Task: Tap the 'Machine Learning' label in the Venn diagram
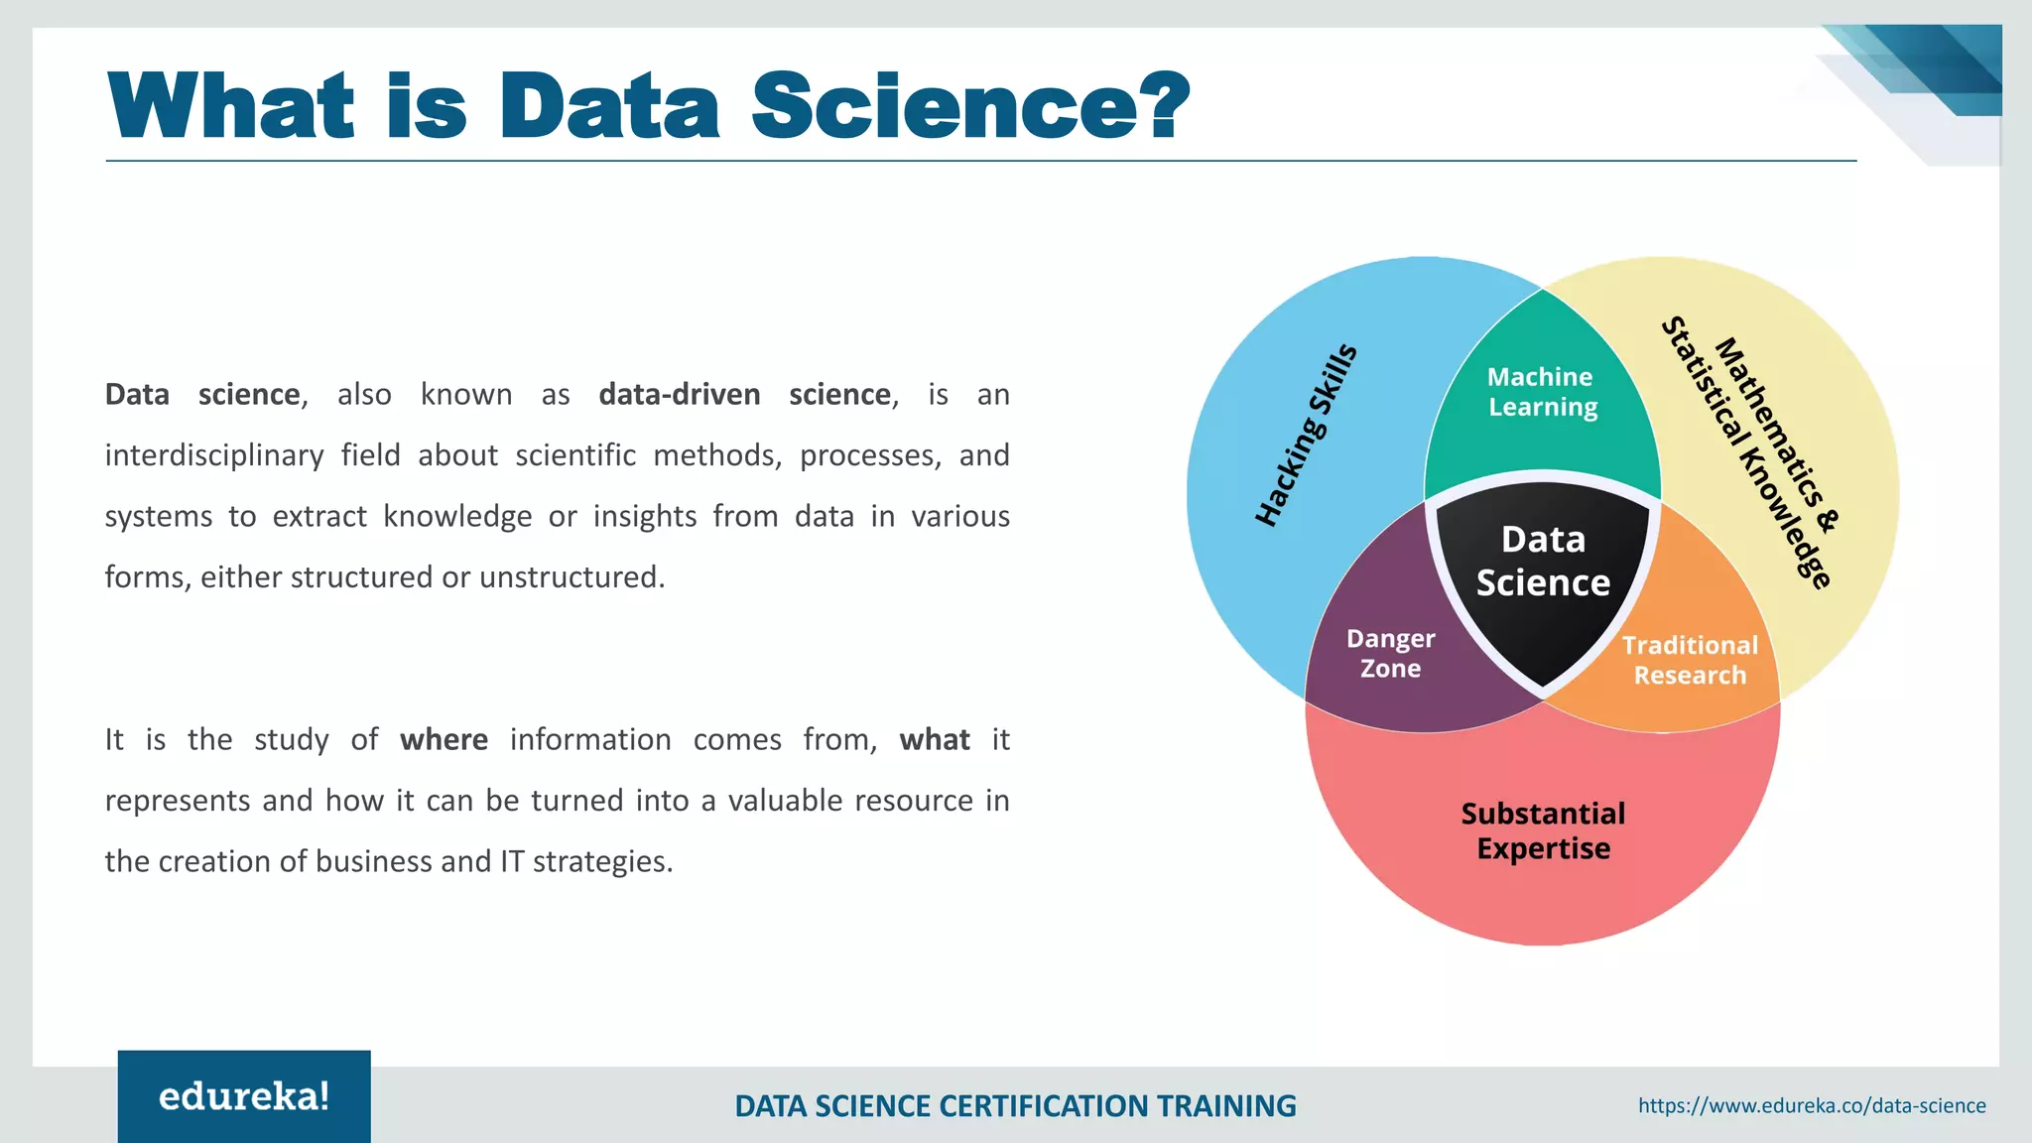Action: pyautogui.click(x=1542, y=392)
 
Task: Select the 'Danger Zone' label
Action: pyautogui.click(x=1390, y=654)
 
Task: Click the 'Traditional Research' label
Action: pyautogui.click(x=1690, y=660)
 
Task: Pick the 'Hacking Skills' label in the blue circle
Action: pyautogui.click(x=1305, y=436)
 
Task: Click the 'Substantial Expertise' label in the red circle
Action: pyautogui.click(x=1543, y=831)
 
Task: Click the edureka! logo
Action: pyautogui.click(x=244, y=1096)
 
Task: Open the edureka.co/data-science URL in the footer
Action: pyautogui.click(x=1812, y=1105)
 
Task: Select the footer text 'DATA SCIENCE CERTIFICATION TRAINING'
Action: pyautogui.click(x=1015, y=1105)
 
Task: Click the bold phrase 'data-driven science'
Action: pyautogui.click(x=744, y=395)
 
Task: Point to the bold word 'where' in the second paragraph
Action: pyautogui.click(x=444, y=740)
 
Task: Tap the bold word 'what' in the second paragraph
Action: pyautogui.click(x=935, y=740)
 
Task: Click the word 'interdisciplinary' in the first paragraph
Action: pyautogui.click(x=214, y=455)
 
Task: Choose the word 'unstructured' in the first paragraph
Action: pyautogui.click(x=571, y=577)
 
